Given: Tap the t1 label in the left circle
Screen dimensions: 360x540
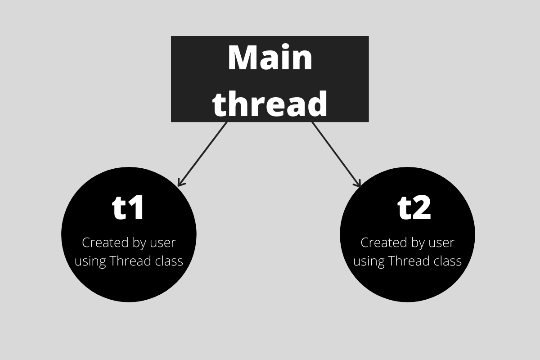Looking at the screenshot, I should pyautogui.click(x=128, y=208).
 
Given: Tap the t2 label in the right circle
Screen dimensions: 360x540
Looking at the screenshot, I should pyautogui.click(x=414, y=208).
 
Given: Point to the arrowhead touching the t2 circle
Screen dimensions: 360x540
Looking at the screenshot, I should pyautogui.click(x=359, y=184).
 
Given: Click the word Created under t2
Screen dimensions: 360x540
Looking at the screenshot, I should pyautogui.click(x=380, y=243).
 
